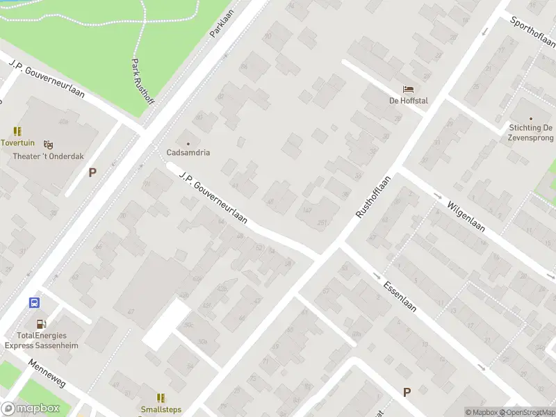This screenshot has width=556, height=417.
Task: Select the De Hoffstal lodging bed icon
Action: coord(408,90)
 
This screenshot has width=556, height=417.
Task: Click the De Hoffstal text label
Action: coord(408,101)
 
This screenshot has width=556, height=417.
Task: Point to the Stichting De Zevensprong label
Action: coord(530,133)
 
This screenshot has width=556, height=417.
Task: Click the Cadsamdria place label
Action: coord(188,152)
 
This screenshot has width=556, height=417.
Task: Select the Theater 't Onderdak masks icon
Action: coord(48,145)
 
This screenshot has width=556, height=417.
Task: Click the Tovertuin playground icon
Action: coord(17,131)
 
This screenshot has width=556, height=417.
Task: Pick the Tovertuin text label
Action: coord(17,142)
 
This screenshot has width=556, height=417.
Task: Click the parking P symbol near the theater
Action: coord(92,172)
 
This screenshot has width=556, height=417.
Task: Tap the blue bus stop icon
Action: coord(33,302)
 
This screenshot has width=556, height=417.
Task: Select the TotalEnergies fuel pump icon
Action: coord(41,323)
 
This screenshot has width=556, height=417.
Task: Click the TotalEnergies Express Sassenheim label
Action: coord(41,340)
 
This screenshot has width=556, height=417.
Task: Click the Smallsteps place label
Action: coord(161,409)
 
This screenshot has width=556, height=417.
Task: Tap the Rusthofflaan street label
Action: coord(374,197)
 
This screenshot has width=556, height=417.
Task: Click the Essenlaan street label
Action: coord(400,294)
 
